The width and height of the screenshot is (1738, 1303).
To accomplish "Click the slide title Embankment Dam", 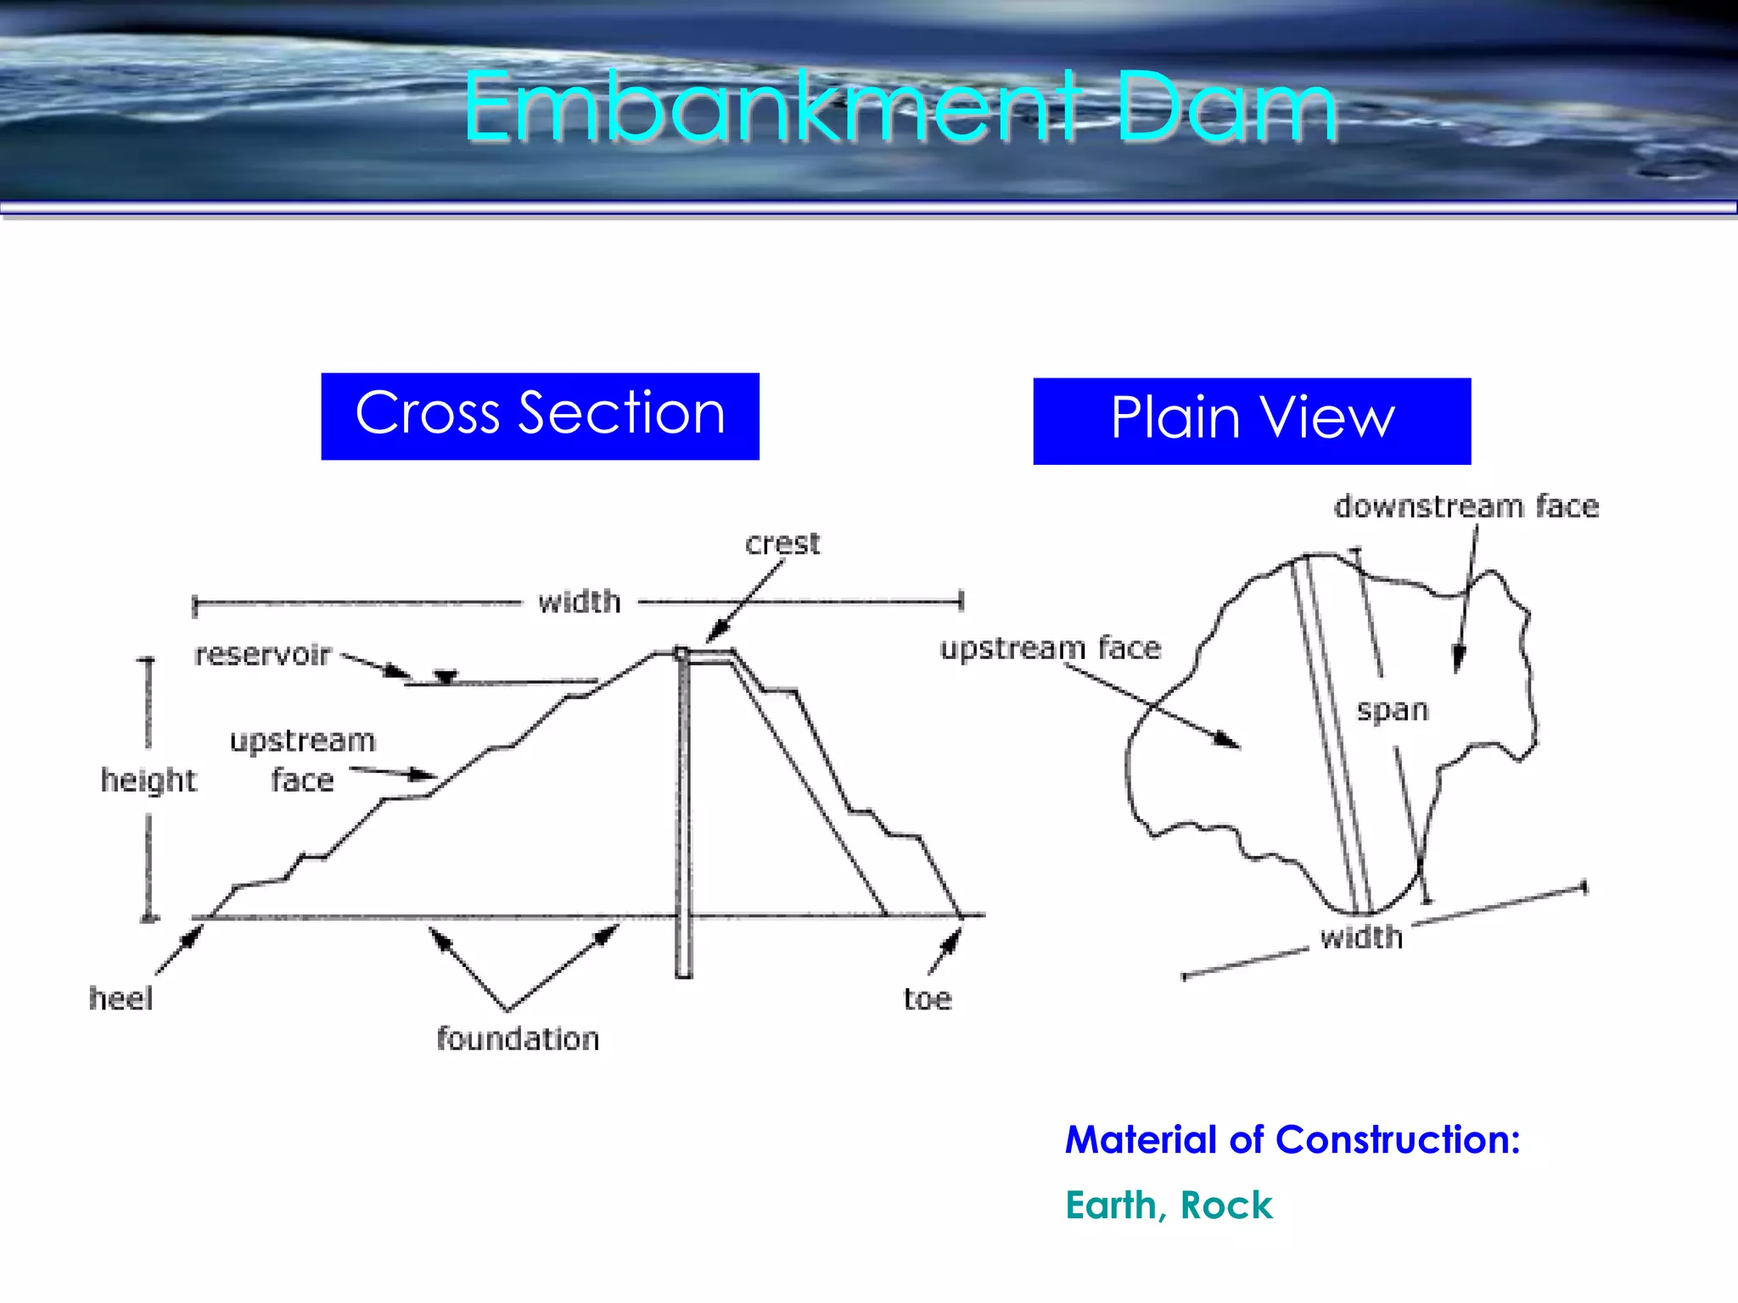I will coord(900,109).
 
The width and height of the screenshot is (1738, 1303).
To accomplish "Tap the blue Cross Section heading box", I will coord(540,416).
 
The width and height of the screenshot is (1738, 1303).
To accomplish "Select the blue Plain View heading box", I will coord(1252,421).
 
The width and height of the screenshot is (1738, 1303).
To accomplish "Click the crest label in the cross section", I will coord(782,544).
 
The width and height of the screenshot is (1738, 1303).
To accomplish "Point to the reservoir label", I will coord(262,655).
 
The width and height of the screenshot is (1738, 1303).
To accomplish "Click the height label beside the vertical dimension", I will coord(149,780).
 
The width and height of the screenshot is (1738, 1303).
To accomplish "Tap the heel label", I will coord(121,998).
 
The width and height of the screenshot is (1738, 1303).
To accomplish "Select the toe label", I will coord(928,999).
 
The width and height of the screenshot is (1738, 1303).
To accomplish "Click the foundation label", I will coord(518,1039).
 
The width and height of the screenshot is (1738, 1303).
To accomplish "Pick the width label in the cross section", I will coord(580,602).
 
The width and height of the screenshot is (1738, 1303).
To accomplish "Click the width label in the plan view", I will coord(1361,937).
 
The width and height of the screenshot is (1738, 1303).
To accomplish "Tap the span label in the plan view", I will coord(1393,710).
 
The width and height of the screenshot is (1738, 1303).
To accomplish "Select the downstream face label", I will coord(1466,506).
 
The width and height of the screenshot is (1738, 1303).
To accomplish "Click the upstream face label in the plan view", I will coord(1051,648).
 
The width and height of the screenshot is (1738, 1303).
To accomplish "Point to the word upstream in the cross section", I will coord(302,741).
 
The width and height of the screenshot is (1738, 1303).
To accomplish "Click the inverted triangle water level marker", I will coord(446,676).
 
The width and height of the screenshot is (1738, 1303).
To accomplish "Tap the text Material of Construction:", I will coord(1292,1139).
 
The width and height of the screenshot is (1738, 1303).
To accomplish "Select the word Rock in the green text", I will coord(1226,1205).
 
